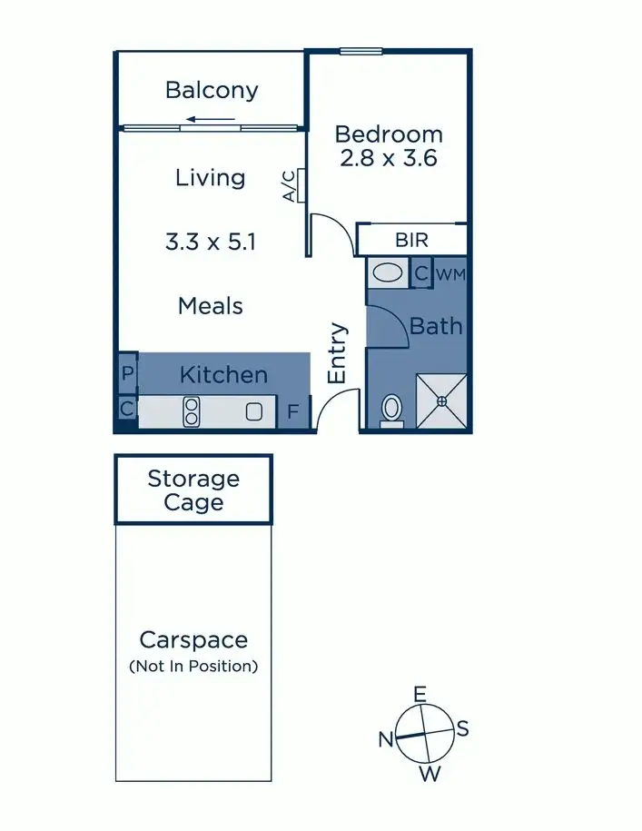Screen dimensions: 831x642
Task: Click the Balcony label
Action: (212, 90)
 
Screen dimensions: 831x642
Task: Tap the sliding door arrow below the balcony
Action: (210, 118)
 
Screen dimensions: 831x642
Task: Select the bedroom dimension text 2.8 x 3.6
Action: (389, 158)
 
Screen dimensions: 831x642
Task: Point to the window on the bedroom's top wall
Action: (361, 51)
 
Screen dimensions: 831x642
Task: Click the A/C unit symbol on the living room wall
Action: (298, 185)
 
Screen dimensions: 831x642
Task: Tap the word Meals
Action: (211, 306)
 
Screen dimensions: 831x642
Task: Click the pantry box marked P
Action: (127, 373)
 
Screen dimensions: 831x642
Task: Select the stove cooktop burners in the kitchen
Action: (192, 411)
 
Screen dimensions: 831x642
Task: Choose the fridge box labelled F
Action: (292, 412)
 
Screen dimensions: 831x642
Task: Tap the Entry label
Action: (338, 352)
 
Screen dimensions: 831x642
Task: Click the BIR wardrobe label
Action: (411, 241)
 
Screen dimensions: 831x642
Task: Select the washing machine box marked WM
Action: (451, 273)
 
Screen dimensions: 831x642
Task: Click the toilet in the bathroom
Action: (392, 410)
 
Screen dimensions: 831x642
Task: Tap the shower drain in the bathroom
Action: (441, 401)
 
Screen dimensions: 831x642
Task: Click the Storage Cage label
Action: (193, 490)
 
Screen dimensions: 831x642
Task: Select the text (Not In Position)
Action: (193, 666)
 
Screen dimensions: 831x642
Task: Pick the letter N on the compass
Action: (386, 739)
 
